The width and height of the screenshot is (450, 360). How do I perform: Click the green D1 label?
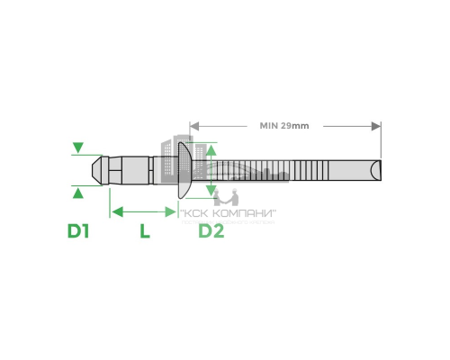[x=79, y=231]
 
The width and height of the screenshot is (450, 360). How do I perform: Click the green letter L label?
[x=143, y=231]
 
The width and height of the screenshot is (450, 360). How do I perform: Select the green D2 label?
[x=211, y=231]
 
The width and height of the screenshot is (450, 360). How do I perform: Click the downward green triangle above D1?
[x=79, y=147]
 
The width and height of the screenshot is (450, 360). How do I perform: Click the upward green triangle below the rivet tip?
[x=79, y=191]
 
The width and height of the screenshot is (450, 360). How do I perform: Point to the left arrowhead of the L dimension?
[x=113, y=211]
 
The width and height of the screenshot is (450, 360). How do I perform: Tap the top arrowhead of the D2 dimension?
[x=211, y=148]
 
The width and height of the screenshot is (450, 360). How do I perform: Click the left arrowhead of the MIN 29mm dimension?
[x=193, y=125]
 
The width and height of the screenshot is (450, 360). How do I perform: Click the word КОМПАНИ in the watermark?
[x=246, y=213]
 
